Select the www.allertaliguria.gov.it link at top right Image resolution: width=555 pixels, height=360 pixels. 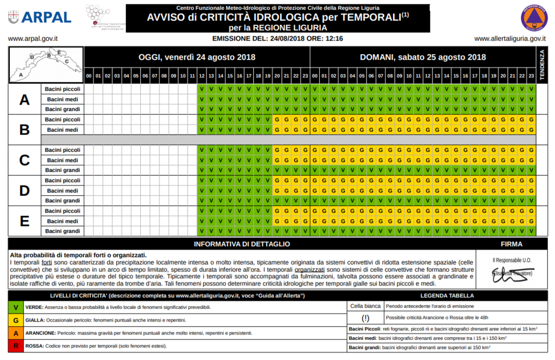[509, 39]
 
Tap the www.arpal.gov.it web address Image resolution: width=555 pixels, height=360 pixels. [33, 39]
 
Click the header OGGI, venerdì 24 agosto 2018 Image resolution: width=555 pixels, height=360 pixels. [197, 57]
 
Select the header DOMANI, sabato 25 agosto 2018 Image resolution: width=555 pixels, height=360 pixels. [423, 57]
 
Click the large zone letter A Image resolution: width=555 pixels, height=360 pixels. [24, 99]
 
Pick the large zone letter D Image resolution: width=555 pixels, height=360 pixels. [24, 190]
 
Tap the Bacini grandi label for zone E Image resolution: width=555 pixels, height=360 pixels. [63, 231]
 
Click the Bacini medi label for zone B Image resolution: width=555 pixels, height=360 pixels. [63, 130]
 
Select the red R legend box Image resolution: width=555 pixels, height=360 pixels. [16, 345]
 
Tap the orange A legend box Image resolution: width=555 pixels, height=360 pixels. [16, 333]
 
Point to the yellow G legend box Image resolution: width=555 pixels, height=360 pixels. [16, 320]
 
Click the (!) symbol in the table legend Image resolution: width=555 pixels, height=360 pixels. [365, 317]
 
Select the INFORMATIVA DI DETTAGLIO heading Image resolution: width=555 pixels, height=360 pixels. [242, 244]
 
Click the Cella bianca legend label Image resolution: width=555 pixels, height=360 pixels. [365, 306]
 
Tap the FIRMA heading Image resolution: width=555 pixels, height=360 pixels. [512, 244]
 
